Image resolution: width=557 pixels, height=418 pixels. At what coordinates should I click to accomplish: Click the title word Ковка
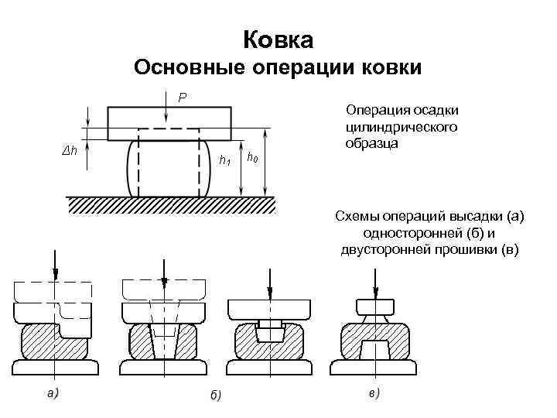(x=278, y=39)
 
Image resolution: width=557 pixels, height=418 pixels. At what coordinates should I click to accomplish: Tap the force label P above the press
(x=182, y=98)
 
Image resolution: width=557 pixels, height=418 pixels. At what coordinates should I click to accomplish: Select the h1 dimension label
(x=225, y=161)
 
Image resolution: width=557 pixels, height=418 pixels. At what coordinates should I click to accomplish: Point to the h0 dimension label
(x=252, y=158)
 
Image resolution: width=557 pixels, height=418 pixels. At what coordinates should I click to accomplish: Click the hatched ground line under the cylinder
(x=170, y=205)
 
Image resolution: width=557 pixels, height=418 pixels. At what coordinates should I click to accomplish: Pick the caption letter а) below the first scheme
(x=53, y=392)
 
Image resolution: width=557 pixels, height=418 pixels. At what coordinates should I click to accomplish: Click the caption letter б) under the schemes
(x=216, y=396)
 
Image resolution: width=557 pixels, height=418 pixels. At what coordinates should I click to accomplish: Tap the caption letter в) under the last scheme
(x=374, y=393)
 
